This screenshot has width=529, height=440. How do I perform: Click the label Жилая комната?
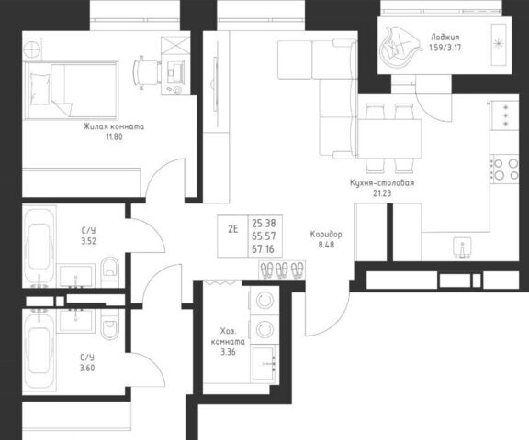[114, 126]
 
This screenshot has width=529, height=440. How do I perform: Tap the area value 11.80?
[114, 137]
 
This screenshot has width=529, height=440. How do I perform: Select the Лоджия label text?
[445, 37]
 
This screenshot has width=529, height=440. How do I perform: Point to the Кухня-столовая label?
[382, 182]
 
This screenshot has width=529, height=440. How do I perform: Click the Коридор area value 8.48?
[326, 245]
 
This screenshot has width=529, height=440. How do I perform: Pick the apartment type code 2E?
[232, 229]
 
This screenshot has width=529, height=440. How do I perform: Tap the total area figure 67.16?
[264, 249]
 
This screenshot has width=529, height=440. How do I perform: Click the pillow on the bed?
[39, 89]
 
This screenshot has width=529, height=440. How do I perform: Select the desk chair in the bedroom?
[147, 72]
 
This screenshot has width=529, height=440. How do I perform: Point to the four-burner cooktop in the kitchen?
[505, 169]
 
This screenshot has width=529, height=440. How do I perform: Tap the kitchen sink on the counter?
[462, 247]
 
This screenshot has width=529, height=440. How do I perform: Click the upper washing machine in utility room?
[264, 301]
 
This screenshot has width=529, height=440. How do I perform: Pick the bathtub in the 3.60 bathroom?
[39, 350]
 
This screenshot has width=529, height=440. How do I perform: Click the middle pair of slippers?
[281, 270]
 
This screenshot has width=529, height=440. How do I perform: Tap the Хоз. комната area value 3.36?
[228, 352]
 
